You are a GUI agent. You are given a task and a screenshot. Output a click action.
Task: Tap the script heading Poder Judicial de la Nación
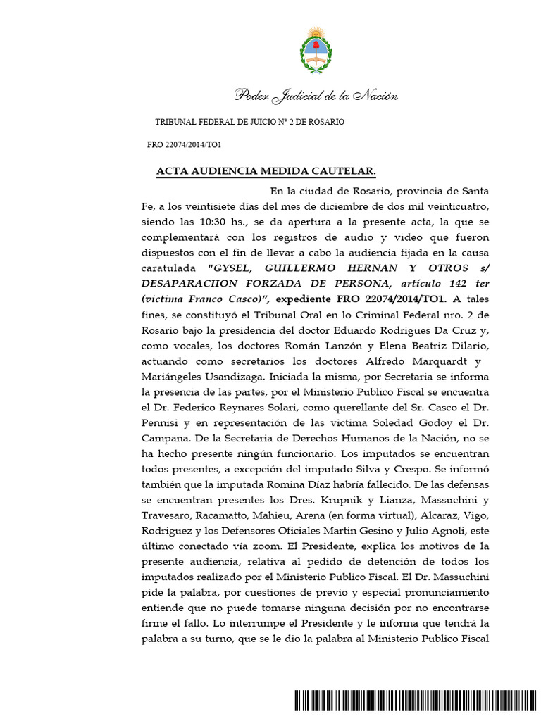316,96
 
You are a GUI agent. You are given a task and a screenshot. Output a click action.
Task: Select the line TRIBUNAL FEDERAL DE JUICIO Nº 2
249,122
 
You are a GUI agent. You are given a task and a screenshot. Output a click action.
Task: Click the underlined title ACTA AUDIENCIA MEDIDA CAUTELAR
266,172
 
